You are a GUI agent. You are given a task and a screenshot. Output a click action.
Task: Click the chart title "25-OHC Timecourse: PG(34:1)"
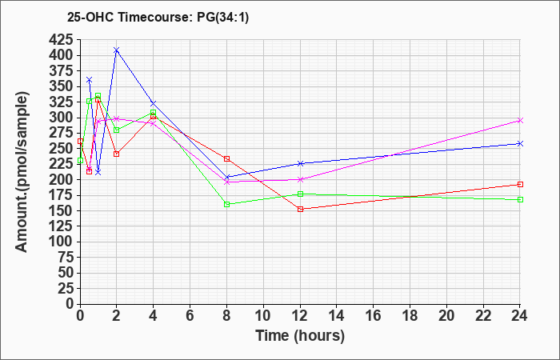158,17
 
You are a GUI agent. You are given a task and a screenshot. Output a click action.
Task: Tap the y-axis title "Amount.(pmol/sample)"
22,172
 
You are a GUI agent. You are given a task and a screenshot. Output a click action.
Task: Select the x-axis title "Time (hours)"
300,336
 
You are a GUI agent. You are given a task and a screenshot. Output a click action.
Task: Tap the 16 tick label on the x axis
374,315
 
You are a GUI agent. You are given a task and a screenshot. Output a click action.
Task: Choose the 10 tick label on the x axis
263,315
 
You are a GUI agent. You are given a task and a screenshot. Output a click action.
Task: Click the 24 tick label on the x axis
520,315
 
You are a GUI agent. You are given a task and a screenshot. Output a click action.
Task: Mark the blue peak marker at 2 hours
117,50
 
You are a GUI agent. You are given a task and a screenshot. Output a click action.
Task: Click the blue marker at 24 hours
520,143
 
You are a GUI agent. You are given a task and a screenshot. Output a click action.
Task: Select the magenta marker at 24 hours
520,120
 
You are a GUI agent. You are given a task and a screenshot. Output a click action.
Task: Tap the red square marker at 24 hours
520,184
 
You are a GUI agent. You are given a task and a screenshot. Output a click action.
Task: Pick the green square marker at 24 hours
520,199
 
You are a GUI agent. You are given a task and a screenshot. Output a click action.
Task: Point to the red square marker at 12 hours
300,209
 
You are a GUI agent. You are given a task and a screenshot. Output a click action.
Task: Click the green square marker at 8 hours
226,204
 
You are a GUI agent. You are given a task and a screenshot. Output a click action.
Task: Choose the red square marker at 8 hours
226,158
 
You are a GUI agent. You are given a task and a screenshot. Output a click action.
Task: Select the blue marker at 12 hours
300,163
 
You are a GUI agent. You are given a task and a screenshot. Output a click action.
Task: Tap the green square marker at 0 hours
80,160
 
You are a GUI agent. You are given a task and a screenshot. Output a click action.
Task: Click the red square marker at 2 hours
117,154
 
